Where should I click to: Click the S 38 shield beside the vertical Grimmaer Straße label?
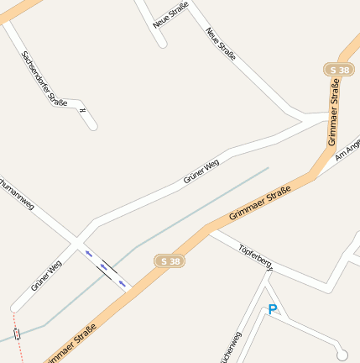[339, 69]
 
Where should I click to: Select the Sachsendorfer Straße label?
[44, 76]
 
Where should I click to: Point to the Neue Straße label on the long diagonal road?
[221, 44]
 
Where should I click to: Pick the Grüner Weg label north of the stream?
[201, 171]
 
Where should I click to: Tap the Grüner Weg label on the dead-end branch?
[47, 276]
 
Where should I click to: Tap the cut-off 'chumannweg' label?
[17, 192]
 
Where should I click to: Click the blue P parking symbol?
[272, 310]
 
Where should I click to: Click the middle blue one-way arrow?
[106, 268]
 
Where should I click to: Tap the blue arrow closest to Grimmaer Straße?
[123, 283]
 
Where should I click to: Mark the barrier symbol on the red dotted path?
[18, 334]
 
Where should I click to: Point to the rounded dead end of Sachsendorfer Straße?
[92, 126]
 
